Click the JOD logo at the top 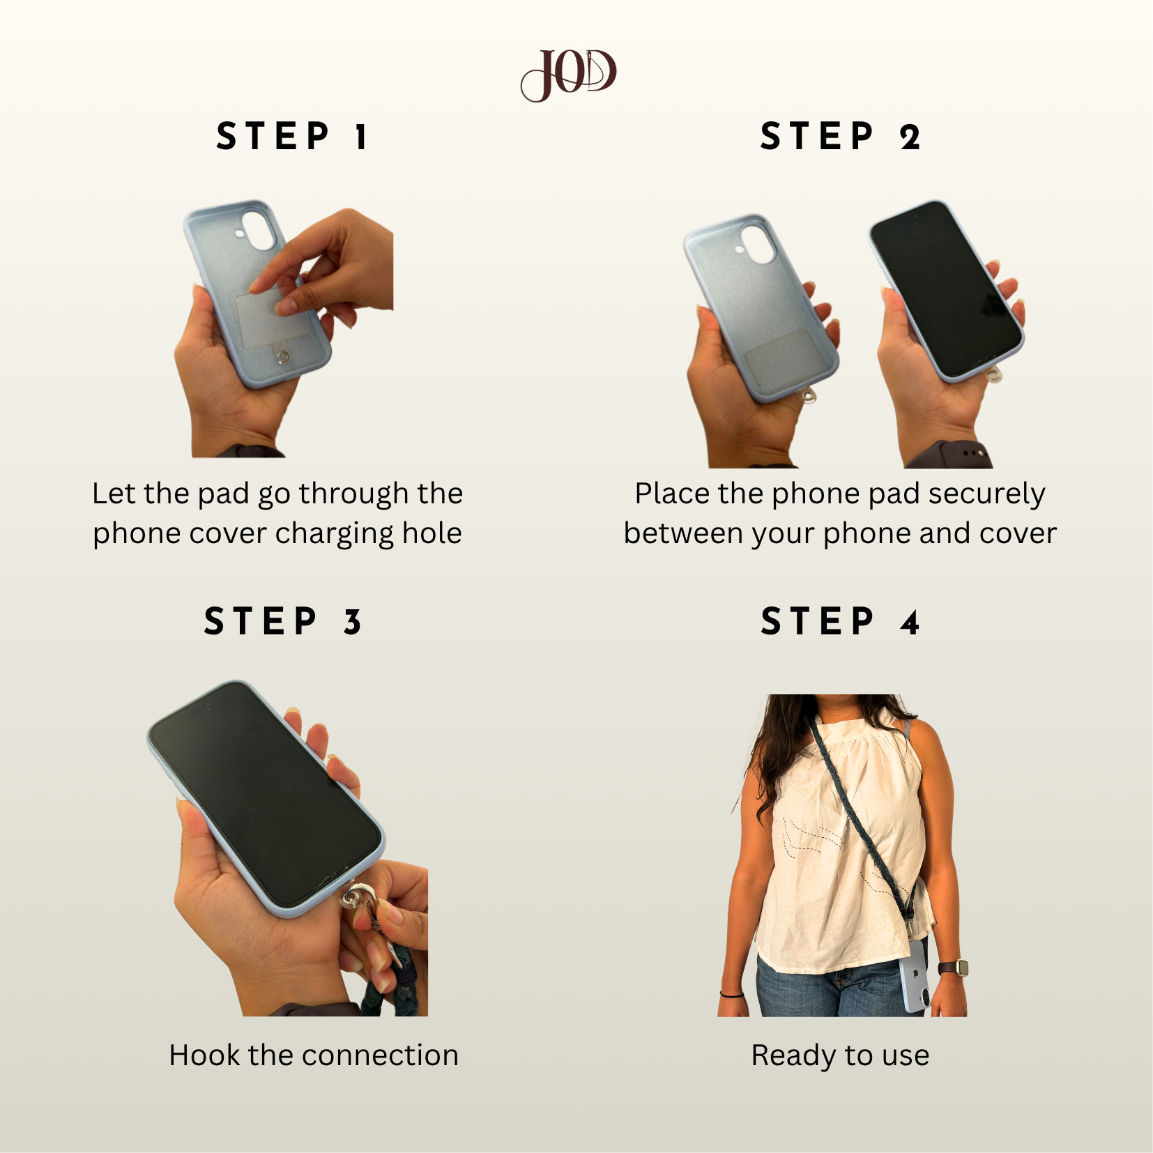pyautogui.click(x=569, y=75)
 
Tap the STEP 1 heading pyautogui.click(x=291, y=136)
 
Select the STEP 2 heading pyautogui.click(x=840, y=136)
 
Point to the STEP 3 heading pyautogui.click(x=282, y=621)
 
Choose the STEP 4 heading pyautogui.click(x=840, y=621)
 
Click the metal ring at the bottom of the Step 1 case pyautogui.click(x=283, y=358)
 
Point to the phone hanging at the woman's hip pyautogui.click(x=915, y=983)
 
